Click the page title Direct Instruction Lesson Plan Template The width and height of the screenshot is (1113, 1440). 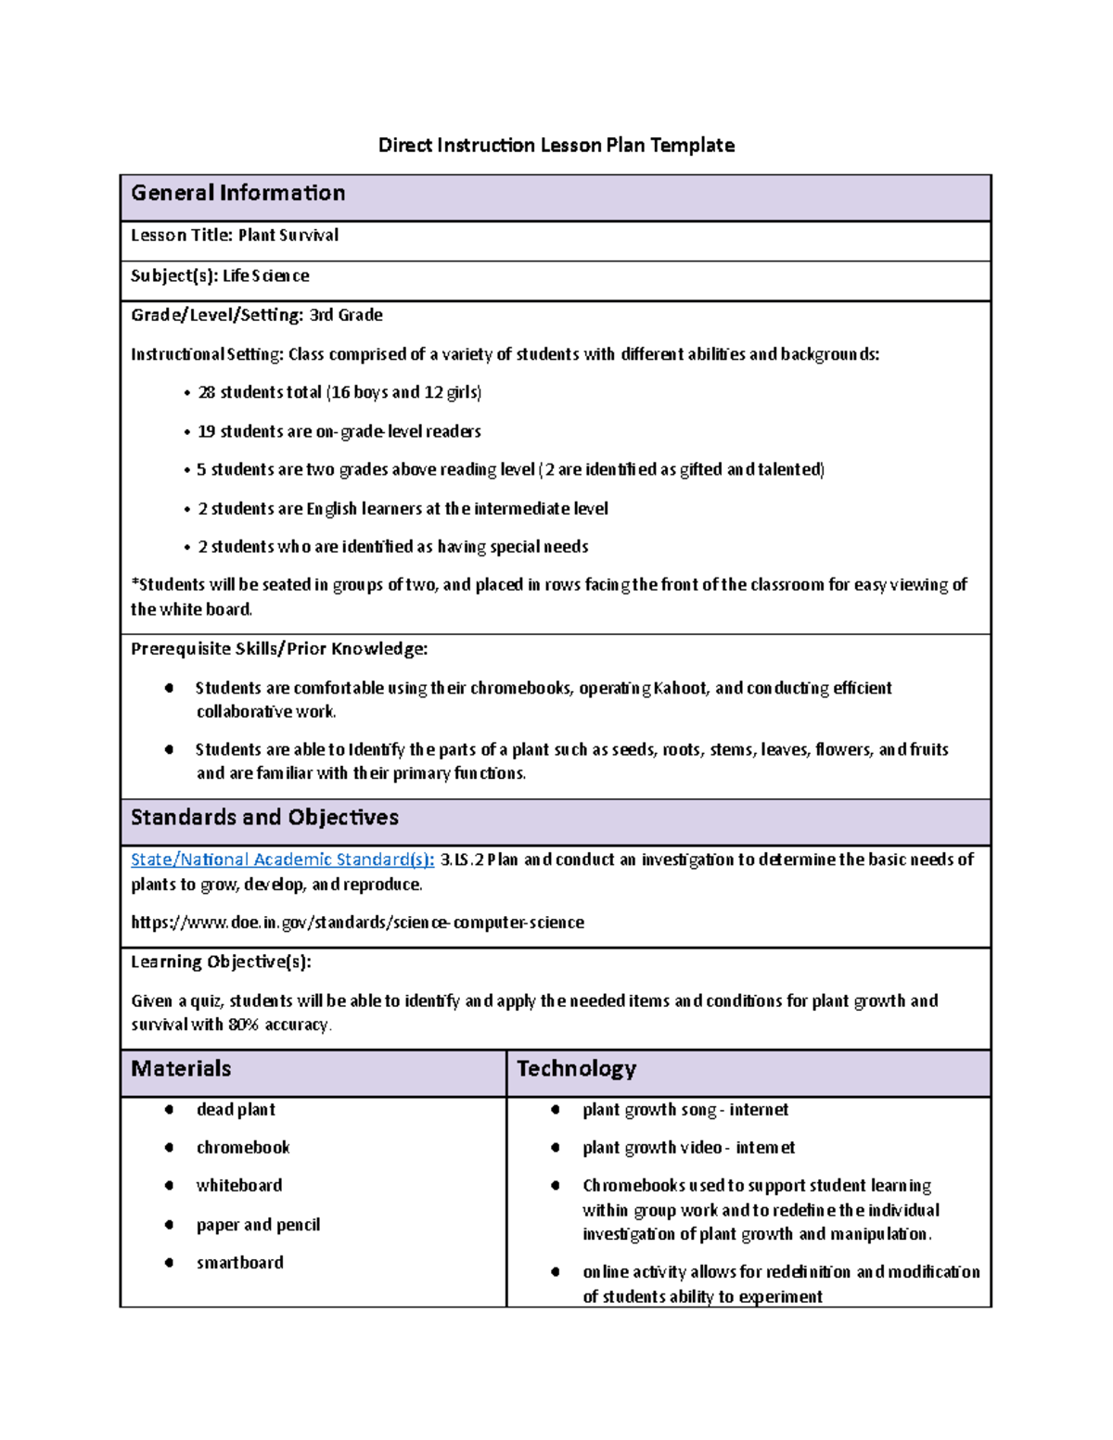click(556, 146)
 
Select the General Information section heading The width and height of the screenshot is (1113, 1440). click(238, 193)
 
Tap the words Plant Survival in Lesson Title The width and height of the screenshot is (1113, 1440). click(288, 236)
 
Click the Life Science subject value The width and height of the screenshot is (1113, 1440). click(265, 276)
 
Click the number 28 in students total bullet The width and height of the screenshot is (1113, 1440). click(206, 393)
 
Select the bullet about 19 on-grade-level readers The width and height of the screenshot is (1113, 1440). click(339, 432)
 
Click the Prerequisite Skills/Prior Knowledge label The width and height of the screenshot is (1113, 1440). click(278, 649)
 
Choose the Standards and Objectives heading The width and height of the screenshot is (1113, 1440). click(264, 818)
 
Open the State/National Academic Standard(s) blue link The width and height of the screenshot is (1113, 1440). click(282, 860)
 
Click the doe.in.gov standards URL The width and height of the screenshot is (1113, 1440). click(357, 923)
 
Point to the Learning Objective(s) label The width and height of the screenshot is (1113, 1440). click(221, 962)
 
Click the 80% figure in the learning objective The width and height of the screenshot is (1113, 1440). click(243, 1026)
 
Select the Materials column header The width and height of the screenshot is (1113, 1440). click(181, 1069)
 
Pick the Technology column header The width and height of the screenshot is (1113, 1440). click(576, 1069)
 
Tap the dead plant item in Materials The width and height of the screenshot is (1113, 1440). click(236, 1110)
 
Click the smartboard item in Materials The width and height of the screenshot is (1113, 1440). click(239, 1263)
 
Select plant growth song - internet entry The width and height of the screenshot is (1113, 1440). click(684, 1110)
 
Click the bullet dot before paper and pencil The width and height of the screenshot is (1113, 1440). click(169, 1225)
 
